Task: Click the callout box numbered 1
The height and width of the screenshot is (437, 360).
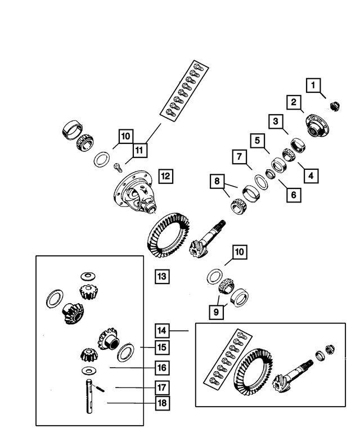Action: pyautogui.click(x=314, y=85)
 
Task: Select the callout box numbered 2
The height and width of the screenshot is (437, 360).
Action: pyautogui.click(x=293, y=102)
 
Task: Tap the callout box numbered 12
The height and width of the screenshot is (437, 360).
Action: pyautogui.click(x=165, y=175)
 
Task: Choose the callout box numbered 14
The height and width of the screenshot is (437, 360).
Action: pyautogui.click(x=163, y=331)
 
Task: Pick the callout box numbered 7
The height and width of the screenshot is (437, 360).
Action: pyautogui.click(x=238, y=156)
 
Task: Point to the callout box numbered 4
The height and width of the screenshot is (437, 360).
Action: pyautogui.click(x=309, y=174)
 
